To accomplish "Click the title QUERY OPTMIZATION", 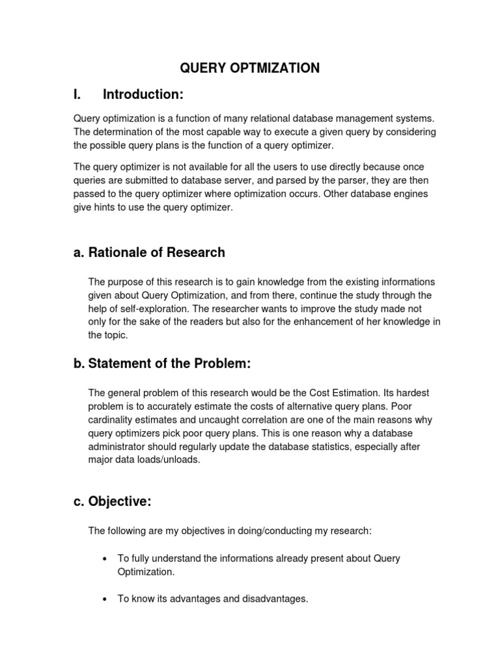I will click(250, 68).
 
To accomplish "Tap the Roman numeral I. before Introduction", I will click(77, 95).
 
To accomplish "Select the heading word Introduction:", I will click(144, 95).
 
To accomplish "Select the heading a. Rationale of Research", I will click(149, 252).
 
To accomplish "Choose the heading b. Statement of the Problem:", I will click(162, 364).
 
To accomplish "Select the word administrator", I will click(118, 447).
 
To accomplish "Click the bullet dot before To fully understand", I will click(105, 559).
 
